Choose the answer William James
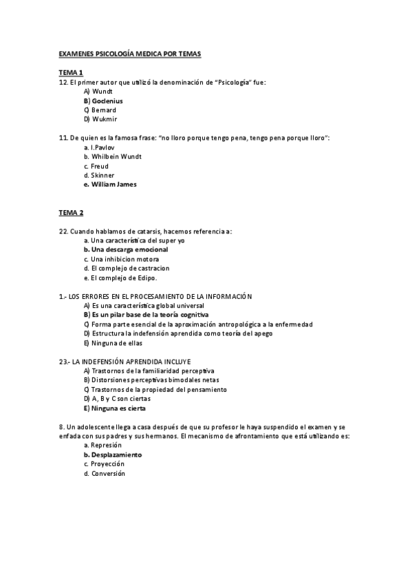113,185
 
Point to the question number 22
63,231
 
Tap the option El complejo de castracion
130,269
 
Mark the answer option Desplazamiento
116,455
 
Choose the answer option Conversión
108,474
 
